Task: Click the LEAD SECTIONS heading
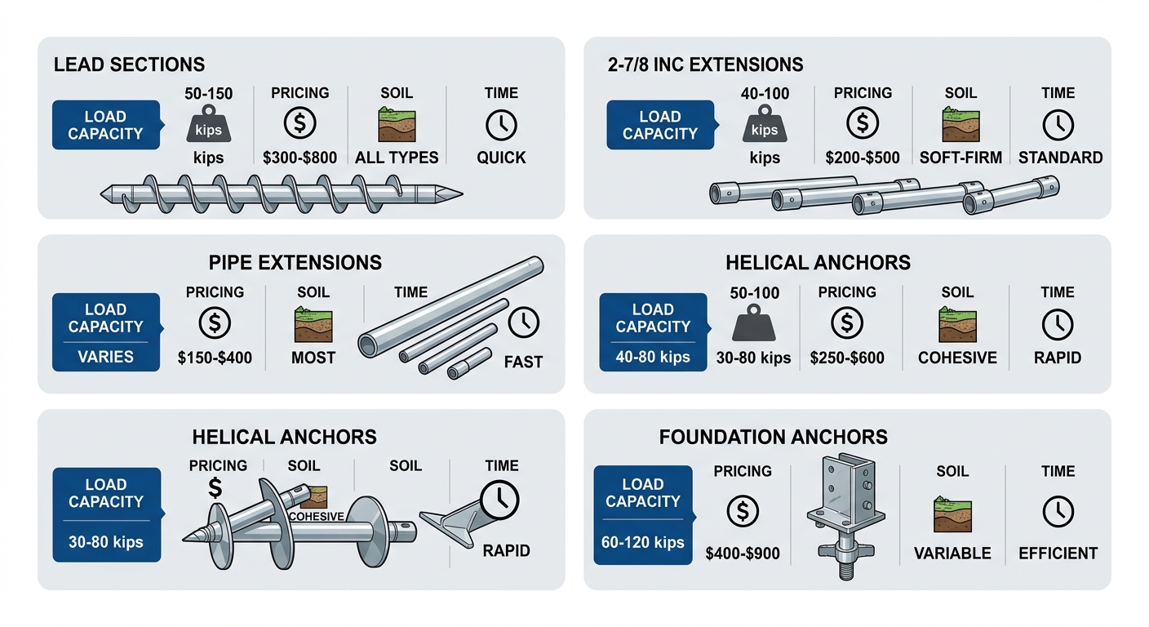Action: [x=129, y=64]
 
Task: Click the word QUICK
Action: [x=501, y=158]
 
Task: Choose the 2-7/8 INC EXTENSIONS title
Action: [x=705, y=64]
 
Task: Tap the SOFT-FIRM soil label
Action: [x=960, y=158]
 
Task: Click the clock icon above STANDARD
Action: [x=1058, y=125]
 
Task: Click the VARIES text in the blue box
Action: [x=105, y=357]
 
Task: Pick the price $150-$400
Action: [x=215, y=357]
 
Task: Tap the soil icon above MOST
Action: [x=313, y=325]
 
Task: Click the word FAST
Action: [x=523, y=361]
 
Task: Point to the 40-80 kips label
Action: [x=652, y=357]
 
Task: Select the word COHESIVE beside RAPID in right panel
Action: [x=957, y=357]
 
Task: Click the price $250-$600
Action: [x=847, y=357]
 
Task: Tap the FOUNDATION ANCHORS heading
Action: [x=774, y=437]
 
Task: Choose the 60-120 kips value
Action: [x=642, y=542]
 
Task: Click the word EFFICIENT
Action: [x=1058, y=553]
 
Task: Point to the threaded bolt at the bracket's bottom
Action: [x=845, y=563]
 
